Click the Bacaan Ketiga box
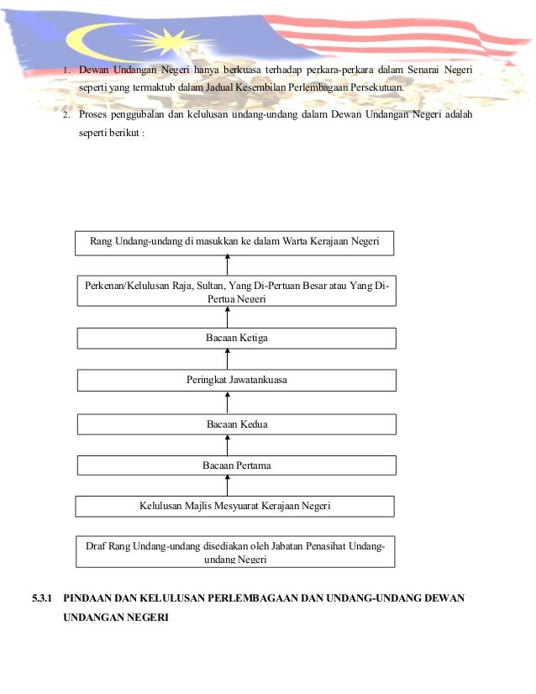click(x=236, y=338)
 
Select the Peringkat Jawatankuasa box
click(x=236, y=381)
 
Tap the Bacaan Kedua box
click(x=236, y=424)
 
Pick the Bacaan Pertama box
click(x=236, y=465)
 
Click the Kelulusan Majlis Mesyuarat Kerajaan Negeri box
click(x=234, y=506)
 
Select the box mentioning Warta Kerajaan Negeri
click(x=234, y=242)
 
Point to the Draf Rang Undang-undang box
click(x=234, y=551)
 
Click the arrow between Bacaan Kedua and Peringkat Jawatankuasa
click(x=228, y=402)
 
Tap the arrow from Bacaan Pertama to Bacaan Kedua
click(x=228, y=444)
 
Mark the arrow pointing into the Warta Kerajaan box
click(x=228, y=264)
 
